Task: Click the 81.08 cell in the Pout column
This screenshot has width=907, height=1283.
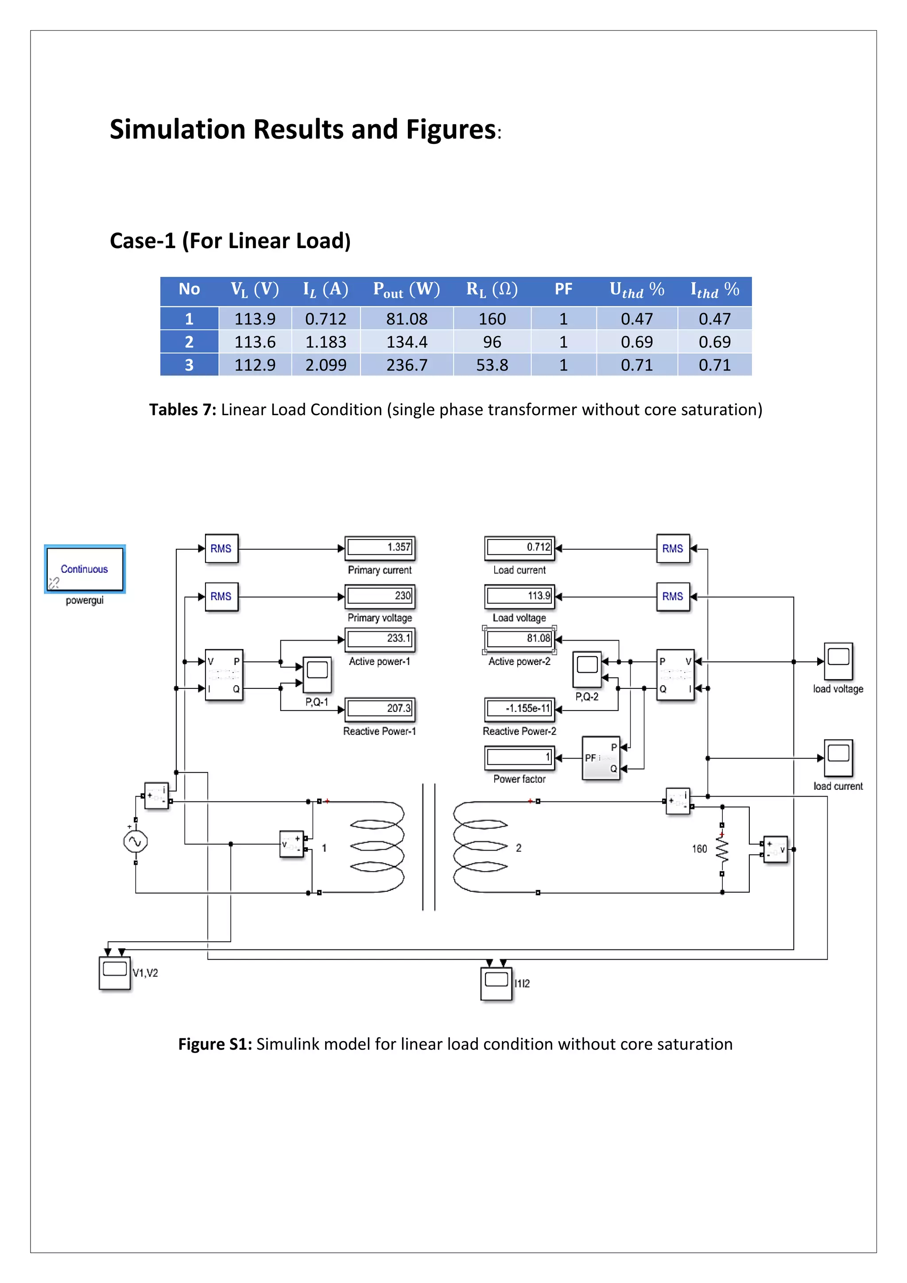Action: pos(407,319)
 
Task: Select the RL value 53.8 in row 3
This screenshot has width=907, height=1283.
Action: pos(492,365)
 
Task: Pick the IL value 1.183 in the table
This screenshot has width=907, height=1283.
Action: pos(326,342)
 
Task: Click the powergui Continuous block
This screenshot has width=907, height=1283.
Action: pos(85,569)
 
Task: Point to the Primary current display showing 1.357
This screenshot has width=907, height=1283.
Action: pos(380,548)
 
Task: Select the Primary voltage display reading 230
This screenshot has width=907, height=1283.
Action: pos(380,596)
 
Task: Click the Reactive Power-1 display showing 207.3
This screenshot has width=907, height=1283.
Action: pos(380,708)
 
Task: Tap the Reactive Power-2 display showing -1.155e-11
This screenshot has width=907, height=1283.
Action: pos(519,708)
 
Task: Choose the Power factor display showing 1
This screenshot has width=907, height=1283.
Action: pos(519,757)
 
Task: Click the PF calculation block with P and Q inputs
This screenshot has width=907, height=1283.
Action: pos(601,758)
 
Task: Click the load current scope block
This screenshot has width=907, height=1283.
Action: pos(838,758)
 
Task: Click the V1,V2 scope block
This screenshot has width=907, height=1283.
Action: pos(115,973)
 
